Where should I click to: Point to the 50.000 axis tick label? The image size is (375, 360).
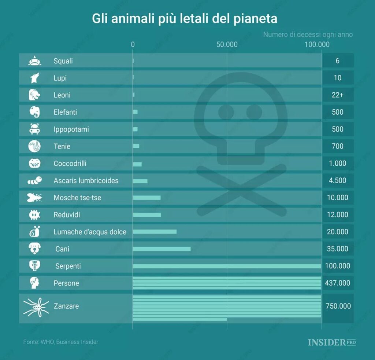coord(227,45)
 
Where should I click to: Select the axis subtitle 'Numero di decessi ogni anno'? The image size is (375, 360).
coord(308,34)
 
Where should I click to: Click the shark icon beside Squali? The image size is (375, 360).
coord(34,61)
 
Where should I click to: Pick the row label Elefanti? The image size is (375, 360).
coord(65,112)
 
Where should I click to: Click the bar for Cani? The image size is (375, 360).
coord(161,249)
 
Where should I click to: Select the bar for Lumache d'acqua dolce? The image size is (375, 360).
coord(155,232)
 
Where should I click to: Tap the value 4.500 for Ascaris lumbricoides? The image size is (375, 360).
coord(337,180)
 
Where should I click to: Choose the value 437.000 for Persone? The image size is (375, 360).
coord(337,283)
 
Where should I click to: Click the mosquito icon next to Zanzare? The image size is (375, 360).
coord(36,306)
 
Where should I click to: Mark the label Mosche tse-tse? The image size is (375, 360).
coord(77,198)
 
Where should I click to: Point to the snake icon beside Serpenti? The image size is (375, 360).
coord(34,266)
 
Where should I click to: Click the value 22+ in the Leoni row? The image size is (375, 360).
coord(337,95)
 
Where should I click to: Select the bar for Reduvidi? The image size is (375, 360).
coord(147,215)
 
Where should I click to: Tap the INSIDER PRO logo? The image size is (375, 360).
coord(332,342)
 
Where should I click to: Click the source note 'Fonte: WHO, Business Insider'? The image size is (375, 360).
coord(61,342)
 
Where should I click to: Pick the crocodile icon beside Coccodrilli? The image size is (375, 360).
coord(34,164)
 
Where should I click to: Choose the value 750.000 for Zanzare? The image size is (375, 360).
coord(337,306)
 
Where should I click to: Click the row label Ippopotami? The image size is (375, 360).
coord(71,129)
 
